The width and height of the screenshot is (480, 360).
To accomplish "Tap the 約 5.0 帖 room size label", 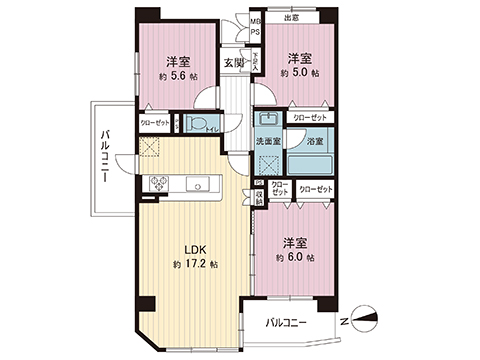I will tap(300, 73).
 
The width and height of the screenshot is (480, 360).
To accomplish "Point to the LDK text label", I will tap(192, 251).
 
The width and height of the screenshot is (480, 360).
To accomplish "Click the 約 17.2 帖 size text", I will tap(192, 267).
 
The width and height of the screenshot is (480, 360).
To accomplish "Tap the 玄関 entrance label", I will tap(232, 64).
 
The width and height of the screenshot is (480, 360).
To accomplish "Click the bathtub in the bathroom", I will tap(309, 162).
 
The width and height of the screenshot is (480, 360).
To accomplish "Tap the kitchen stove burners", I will tap(160, 183).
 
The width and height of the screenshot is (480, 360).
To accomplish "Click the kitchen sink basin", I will tap(196, 183).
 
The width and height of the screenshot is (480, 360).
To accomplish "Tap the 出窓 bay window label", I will tap(291, 17).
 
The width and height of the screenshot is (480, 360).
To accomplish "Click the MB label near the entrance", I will tap(255, 20).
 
